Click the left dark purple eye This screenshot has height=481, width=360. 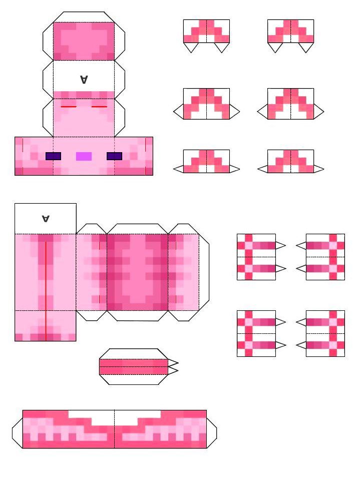[x=54, y=156]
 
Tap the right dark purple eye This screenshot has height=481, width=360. [x=115, y=156]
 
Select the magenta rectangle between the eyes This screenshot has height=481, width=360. [x=84, y=156]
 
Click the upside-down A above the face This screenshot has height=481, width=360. [x=84, y=80]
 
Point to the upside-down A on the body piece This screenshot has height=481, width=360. [x=46, y=218]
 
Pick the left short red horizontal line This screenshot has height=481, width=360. [x=69, y=107]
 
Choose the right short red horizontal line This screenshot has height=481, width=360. [x=99, y=107]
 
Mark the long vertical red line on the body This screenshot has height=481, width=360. [x=46, y=291]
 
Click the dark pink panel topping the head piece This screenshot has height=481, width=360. [x=84, y=41]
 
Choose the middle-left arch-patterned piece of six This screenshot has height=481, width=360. [x=206, y=104]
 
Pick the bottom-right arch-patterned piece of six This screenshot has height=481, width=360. [x=290, y=161]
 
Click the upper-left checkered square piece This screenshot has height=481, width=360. [x=256, y=257]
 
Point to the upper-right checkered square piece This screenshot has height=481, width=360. [x=325, y=257]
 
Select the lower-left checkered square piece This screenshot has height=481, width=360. [x=256, y=333]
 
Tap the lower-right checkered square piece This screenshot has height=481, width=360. [x=325, y=333]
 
